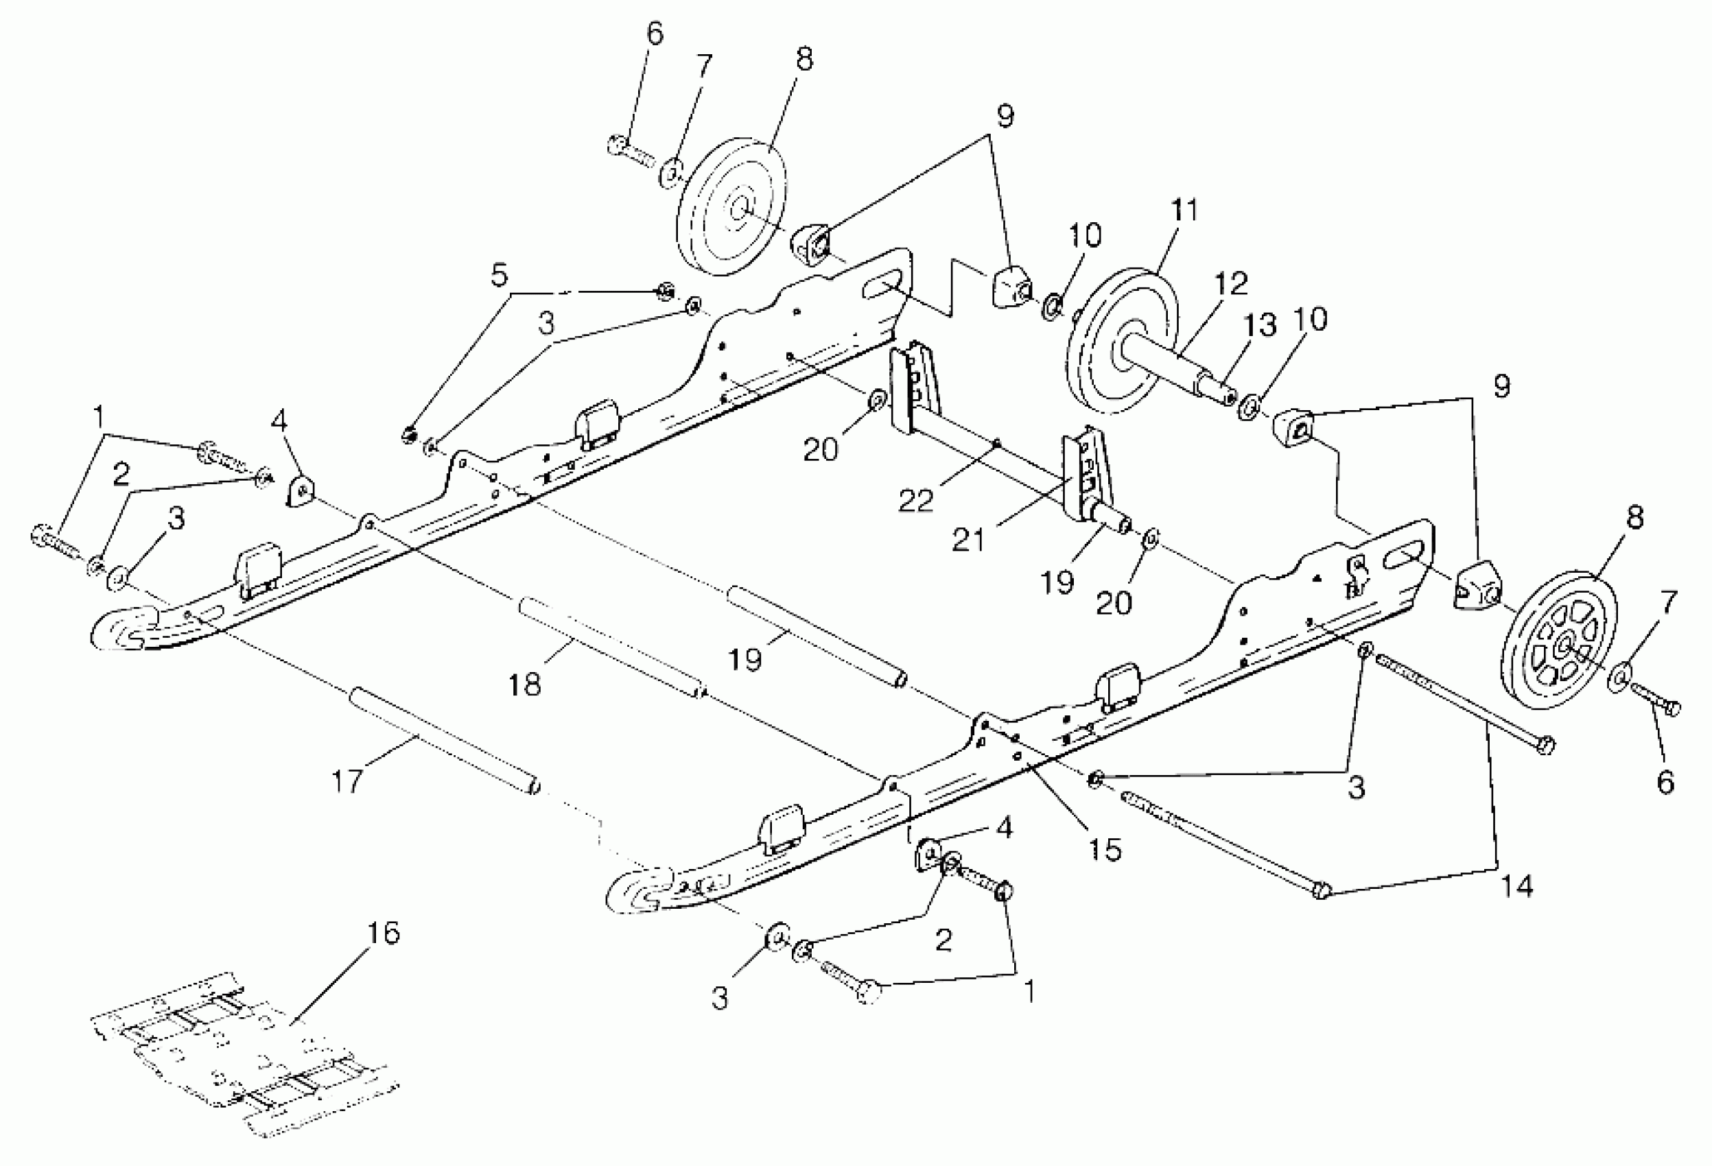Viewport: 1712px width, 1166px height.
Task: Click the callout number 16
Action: (382, 933)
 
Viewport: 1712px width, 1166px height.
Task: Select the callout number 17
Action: (348, 779)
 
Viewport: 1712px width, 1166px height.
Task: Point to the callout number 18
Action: (524, 685)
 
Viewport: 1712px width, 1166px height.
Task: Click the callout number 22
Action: (915, 501)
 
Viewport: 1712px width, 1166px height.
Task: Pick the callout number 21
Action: (968, 540)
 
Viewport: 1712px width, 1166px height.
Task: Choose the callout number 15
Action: (1105, 850)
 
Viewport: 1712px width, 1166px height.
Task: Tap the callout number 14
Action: (1516, 885)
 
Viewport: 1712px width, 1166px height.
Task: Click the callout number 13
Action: (1261, 324)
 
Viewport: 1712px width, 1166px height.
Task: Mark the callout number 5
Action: (500, 276)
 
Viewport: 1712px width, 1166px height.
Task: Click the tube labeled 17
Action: (446, 740)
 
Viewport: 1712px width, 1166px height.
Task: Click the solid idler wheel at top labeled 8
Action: (731, 211)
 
